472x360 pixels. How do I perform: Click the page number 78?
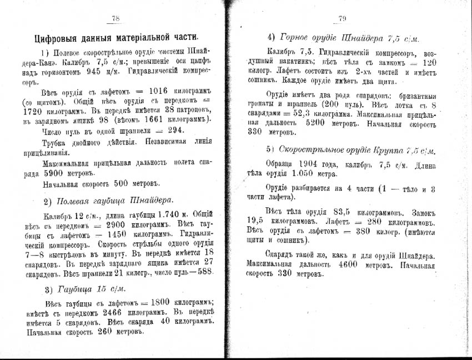tap(116, 18)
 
